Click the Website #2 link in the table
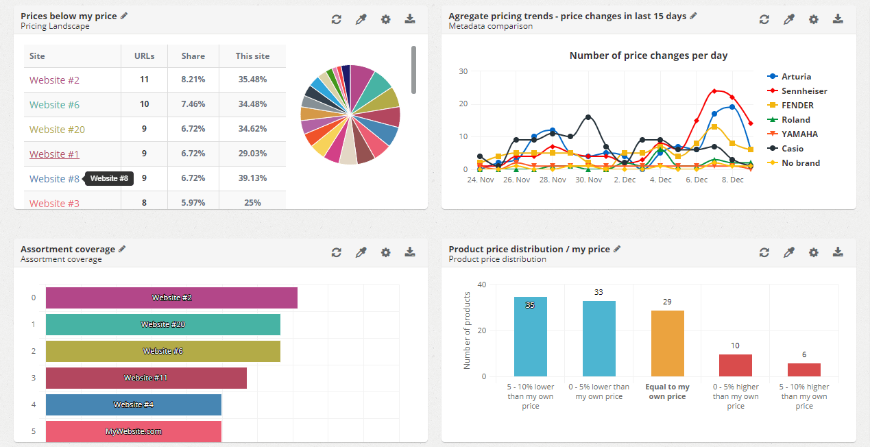click(54, 80)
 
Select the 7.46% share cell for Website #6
click(193, 105)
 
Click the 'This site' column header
click(252, 56)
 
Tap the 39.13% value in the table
click(252, 179)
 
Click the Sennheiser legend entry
click(803, 91)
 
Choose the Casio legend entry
click(792, 149)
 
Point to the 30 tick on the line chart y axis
click(463, 71)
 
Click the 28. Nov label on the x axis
click(553, 180)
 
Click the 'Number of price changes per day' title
click(648, 56)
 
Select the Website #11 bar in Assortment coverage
click(146, 378)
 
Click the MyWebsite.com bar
click(134, 431)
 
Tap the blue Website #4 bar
click(134, 404)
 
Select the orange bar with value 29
click(667, 343)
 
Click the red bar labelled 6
click(803, 370)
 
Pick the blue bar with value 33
click(599, 338)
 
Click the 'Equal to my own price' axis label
click(667, 391)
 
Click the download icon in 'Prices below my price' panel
click(410, 19)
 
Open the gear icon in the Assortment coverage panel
click(385, 252)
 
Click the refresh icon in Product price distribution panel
click(764, 252)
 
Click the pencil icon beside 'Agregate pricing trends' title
click(693, 16)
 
